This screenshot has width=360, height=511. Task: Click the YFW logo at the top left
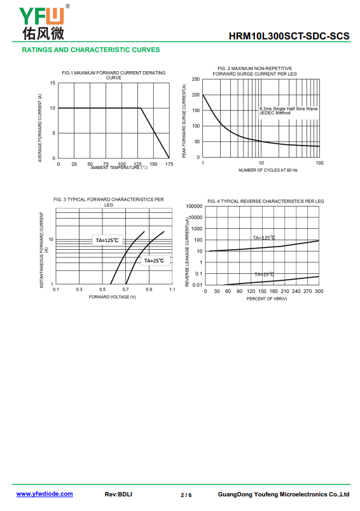(44, 22)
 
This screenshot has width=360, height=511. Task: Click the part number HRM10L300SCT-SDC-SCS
(289, 36)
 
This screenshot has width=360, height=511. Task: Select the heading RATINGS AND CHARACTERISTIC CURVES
(91, 50)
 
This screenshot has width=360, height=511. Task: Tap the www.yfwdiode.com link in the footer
(45, 494)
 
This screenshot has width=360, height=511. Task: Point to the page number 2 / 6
(186, 495)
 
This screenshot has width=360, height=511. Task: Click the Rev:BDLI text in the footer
(118, 494)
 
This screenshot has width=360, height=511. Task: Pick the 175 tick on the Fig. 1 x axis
(169, 164)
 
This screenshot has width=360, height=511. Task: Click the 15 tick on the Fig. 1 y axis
(53, 83)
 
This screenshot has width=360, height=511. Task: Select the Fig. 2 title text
(254, 71)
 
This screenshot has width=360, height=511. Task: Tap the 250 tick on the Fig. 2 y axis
(196, 79)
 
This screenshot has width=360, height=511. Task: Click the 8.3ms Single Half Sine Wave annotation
(288, 109)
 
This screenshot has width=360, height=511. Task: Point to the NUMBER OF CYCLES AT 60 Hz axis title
(268, 170)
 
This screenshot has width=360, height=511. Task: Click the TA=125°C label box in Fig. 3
(107, 240)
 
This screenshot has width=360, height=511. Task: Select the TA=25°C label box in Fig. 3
(155, 261)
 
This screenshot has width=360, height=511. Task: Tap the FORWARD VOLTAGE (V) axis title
(112, 297)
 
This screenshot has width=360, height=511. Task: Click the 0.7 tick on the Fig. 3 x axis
(125, 289)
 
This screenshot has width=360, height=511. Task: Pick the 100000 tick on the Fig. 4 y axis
(194, 206)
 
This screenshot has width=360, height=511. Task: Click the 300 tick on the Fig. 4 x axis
(319, 291)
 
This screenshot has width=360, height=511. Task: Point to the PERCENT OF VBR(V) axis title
(267, 299)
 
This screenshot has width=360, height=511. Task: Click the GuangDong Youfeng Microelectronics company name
(284, 494)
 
